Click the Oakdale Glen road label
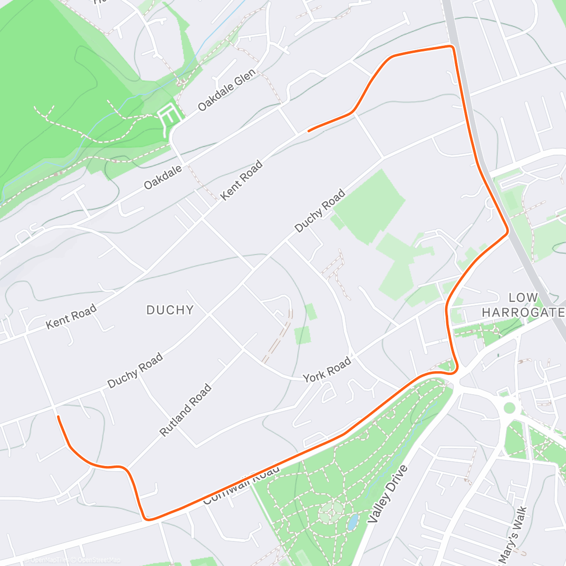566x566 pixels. click(x=227, y=90)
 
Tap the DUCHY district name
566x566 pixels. click(x=170, y=310)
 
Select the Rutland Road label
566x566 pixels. click(x=185, y=410)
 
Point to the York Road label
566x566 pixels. click(x=327, y=369)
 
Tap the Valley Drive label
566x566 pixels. click(x=387, y=493)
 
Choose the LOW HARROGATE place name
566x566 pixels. click(x=523, y=305)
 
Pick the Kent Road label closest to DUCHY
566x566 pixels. click(x=71, y=316)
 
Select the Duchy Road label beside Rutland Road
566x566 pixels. click(x=135, y=370)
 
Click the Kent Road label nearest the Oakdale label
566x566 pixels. click(x=241, y=180)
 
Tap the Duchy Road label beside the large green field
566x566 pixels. click(x=320, y=210)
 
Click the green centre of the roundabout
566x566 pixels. click(x=509, y=407)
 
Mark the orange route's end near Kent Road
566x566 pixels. click(x=308, y=131)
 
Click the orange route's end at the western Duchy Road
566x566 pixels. click(x=58, y=416)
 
